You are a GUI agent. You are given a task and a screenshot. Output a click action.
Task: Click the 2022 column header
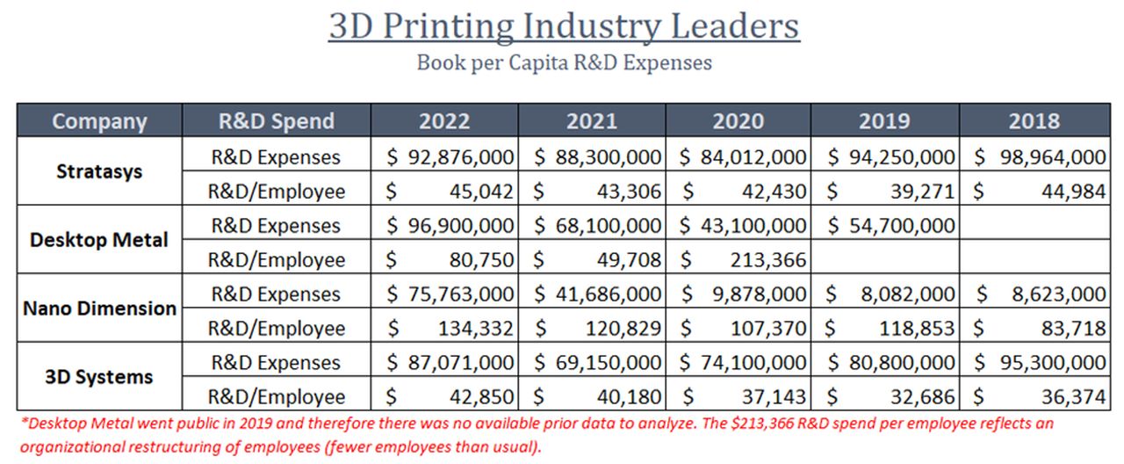444,121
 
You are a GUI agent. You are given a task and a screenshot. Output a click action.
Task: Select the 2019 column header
884,121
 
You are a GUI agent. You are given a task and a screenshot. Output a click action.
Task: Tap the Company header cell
99,121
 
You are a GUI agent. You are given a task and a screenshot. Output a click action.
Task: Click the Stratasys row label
99,172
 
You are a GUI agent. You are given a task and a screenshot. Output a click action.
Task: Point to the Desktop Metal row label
99,240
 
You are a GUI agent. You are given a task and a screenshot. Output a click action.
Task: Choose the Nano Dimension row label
99,308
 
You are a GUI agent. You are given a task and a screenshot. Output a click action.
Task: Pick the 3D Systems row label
99,377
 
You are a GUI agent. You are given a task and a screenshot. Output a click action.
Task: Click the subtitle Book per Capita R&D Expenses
564,63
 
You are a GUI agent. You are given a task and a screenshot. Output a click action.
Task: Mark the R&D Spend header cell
277,121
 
